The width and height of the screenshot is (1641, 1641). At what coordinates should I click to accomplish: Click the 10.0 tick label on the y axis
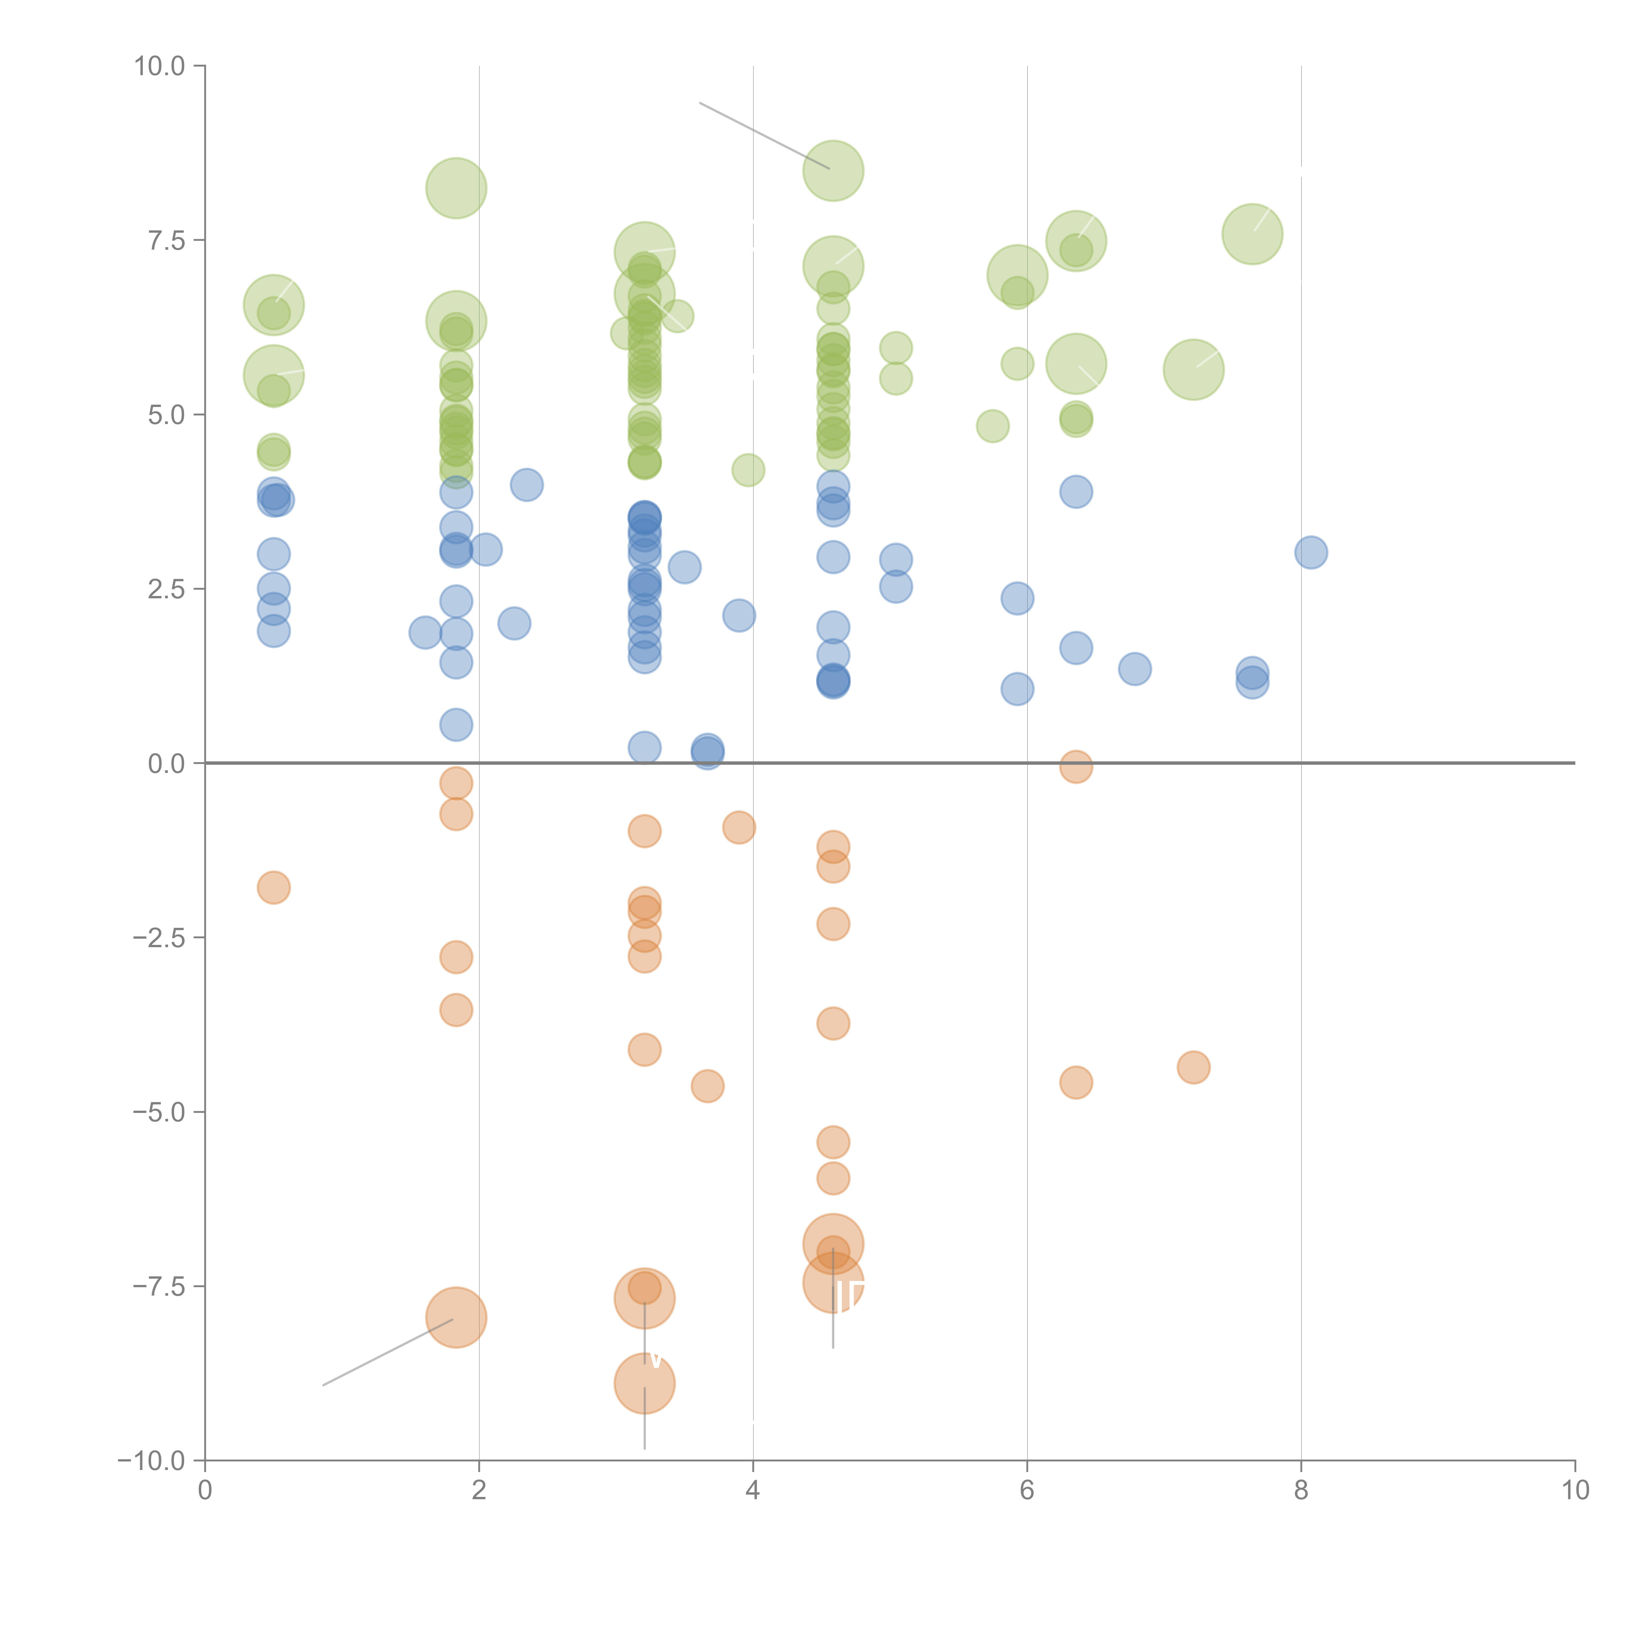pyautogui.click(x=160, y=66)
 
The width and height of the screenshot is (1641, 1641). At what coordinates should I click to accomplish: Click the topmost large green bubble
pyautogui.click(x=833, y=171)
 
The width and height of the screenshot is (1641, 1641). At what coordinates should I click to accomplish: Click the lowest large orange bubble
pyautogui.click(x=645, y=1384)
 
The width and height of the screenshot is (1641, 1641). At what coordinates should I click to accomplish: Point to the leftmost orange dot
pyautogui.click(x=273, y=887)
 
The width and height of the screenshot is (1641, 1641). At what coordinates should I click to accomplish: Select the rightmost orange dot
pyautogui.click(x=1193, y=1068)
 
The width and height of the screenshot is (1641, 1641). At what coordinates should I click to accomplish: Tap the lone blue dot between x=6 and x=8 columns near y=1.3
pyautogui.click(x=1135, y=669)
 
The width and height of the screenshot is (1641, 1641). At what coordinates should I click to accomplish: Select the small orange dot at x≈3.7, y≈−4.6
pyautogui.click(x=708, y=1086)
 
